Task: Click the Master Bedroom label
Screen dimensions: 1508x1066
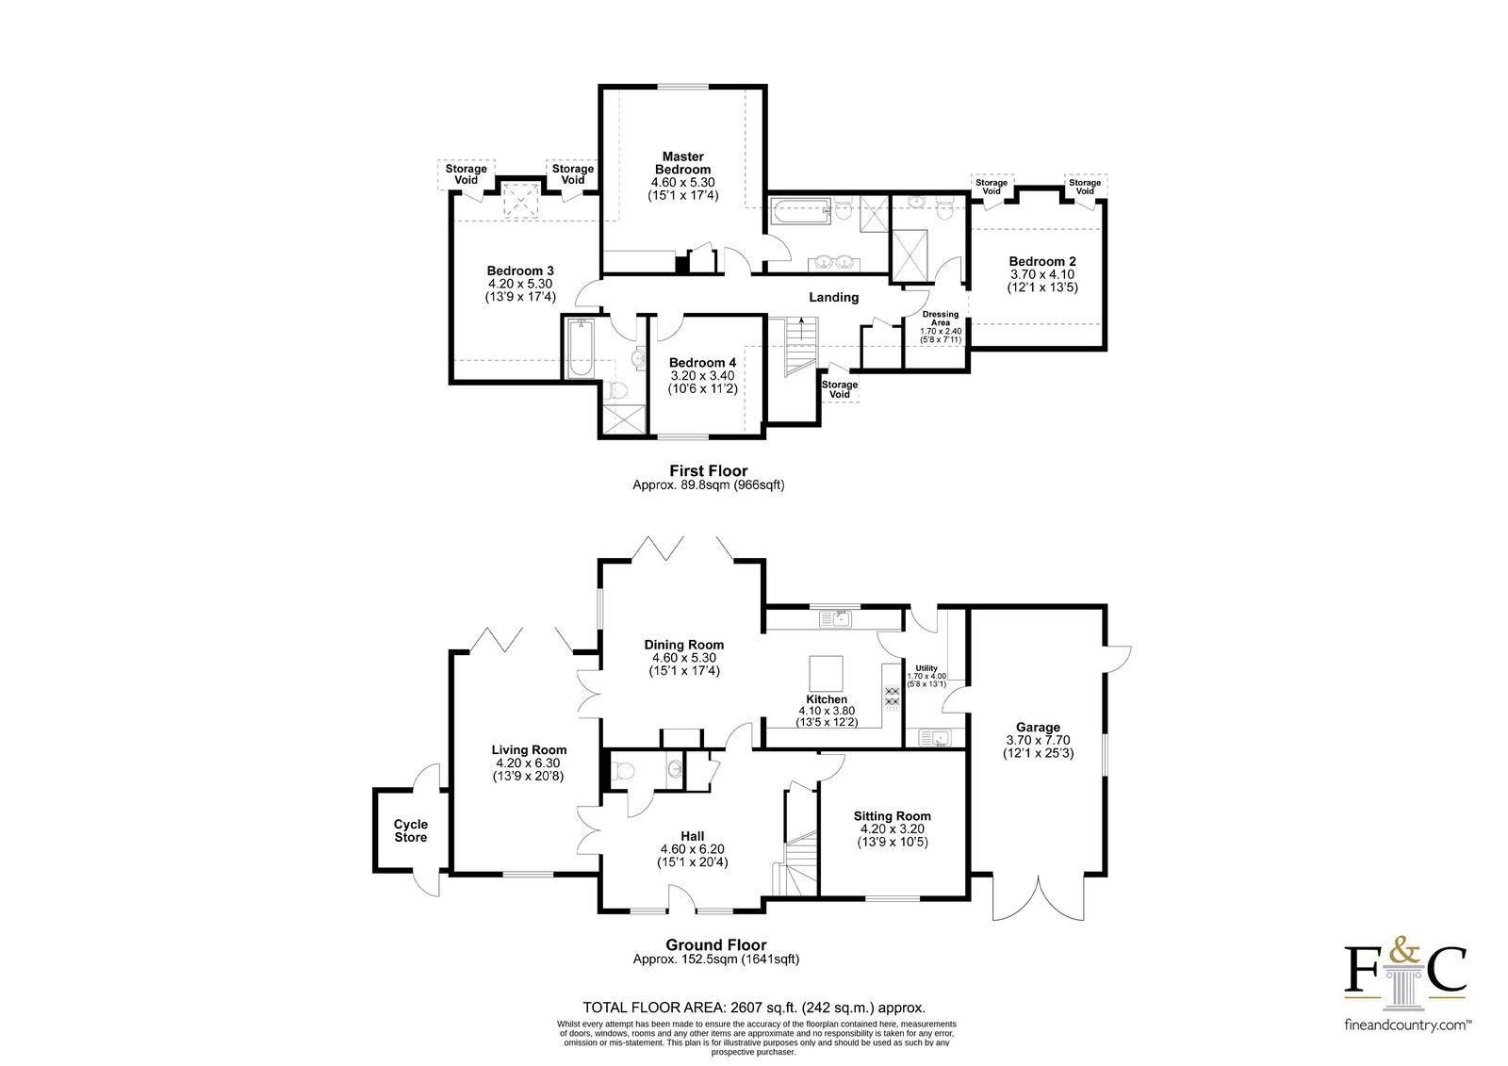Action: [682, 163]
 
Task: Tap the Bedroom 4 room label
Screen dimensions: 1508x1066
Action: [702, 363]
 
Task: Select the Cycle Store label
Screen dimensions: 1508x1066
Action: [411, 830]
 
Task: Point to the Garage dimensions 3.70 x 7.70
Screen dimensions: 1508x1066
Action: [1038, 739]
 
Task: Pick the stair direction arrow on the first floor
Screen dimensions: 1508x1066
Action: [801, 329]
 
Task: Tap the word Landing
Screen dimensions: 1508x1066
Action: [833, 297]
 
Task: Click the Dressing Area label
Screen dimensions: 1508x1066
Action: [941, 319]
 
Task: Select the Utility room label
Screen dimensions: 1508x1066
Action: [926, 668]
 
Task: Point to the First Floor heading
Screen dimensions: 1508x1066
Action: [708, 470]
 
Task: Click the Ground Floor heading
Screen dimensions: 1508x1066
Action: [715, 944]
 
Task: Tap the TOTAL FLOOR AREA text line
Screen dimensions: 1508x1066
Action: [754, 1009]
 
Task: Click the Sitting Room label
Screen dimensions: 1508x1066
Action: [892, 816]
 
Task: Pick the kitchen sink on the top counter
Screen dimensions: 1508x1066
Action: [835, 619]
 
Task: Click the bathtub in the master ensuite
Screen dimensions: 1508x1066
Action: [800, 211]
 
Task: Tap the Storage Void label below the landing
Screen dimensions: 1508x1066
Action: [840, 389]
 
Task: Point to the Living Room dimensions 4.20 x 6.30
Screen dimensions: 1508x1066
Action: [529, 763]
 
